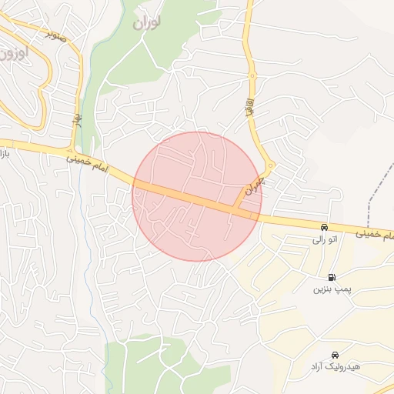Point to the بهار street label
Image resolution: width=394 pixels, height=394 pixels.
click(77, 119)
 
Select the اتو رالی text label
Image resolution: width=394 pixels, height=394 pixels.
click(324, 240)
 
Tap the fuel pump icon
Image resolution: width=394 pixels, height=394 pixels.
click(332, 277)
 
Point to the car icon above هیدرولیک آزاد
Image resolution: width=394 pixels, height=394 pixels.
click(334, 355)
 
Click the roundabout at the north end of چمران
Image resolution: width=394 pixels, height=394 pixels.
click(270, 165)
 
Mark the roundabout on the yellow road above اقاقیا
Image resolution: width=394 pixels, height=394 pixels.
click(252, 75)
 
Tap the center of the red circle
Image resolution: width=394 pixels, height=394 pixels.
click(197, 197)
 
